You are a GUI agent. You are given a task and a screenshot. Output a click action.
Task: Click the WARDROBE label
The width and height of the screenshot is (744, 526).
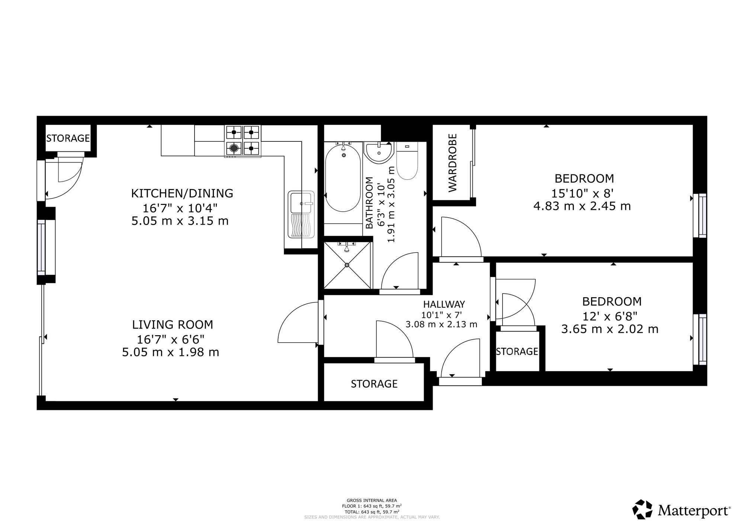452,163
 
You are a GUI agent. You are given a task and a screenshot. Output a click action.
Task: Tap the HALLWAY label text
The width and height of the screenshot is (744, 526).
444,305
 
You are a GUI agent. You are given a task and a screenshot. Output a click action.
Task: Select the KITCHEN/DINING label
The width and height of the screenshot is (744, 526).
182,193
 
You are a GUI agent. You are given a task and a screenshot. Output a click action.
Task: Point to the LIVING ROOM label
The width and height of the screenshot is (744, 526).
173,325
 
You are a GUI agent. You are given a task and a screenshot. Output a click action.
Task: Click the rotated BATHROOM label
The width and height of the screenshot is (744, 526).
369,203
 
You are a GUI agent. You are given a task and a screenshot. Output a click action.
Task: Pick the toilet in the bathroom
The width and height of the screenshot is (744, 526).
407,161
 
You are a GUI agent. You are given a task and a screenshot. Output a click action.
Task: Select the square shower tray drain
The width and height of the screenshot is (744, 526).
347,265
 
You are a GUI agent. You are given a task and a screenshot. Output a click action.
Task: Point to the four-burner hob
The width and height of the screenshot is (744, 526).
242,141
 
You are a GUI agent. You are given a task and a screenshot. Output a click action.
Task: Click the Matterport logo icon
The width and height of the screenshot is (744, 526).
642,509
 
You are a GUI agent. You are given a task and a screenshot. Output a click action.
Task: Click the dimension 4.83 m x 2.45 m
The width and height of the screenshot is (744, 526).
582,206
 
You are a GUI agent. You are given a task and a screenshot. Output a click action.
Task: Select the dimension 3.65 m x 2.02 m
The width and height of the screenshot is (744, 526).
610,329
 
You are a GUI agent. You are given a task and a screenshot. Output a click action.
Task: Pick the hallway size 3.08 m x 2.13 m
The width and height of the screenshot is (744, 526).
441,324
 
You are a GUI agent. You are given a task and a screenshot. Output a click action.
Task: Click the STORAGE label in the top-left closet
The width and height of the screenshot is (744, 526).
68,138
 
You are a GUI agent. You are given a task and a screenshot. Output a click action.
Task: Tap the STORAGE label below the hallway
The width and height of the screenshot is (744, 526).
374,384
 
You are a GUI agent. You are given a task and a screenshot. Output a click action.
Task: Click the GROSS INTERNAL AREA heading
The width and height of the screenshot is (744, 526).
372,500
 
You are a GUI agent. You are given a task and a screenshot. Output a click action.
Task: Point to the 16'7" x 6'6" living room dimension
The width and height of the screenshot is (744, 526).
171,339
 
